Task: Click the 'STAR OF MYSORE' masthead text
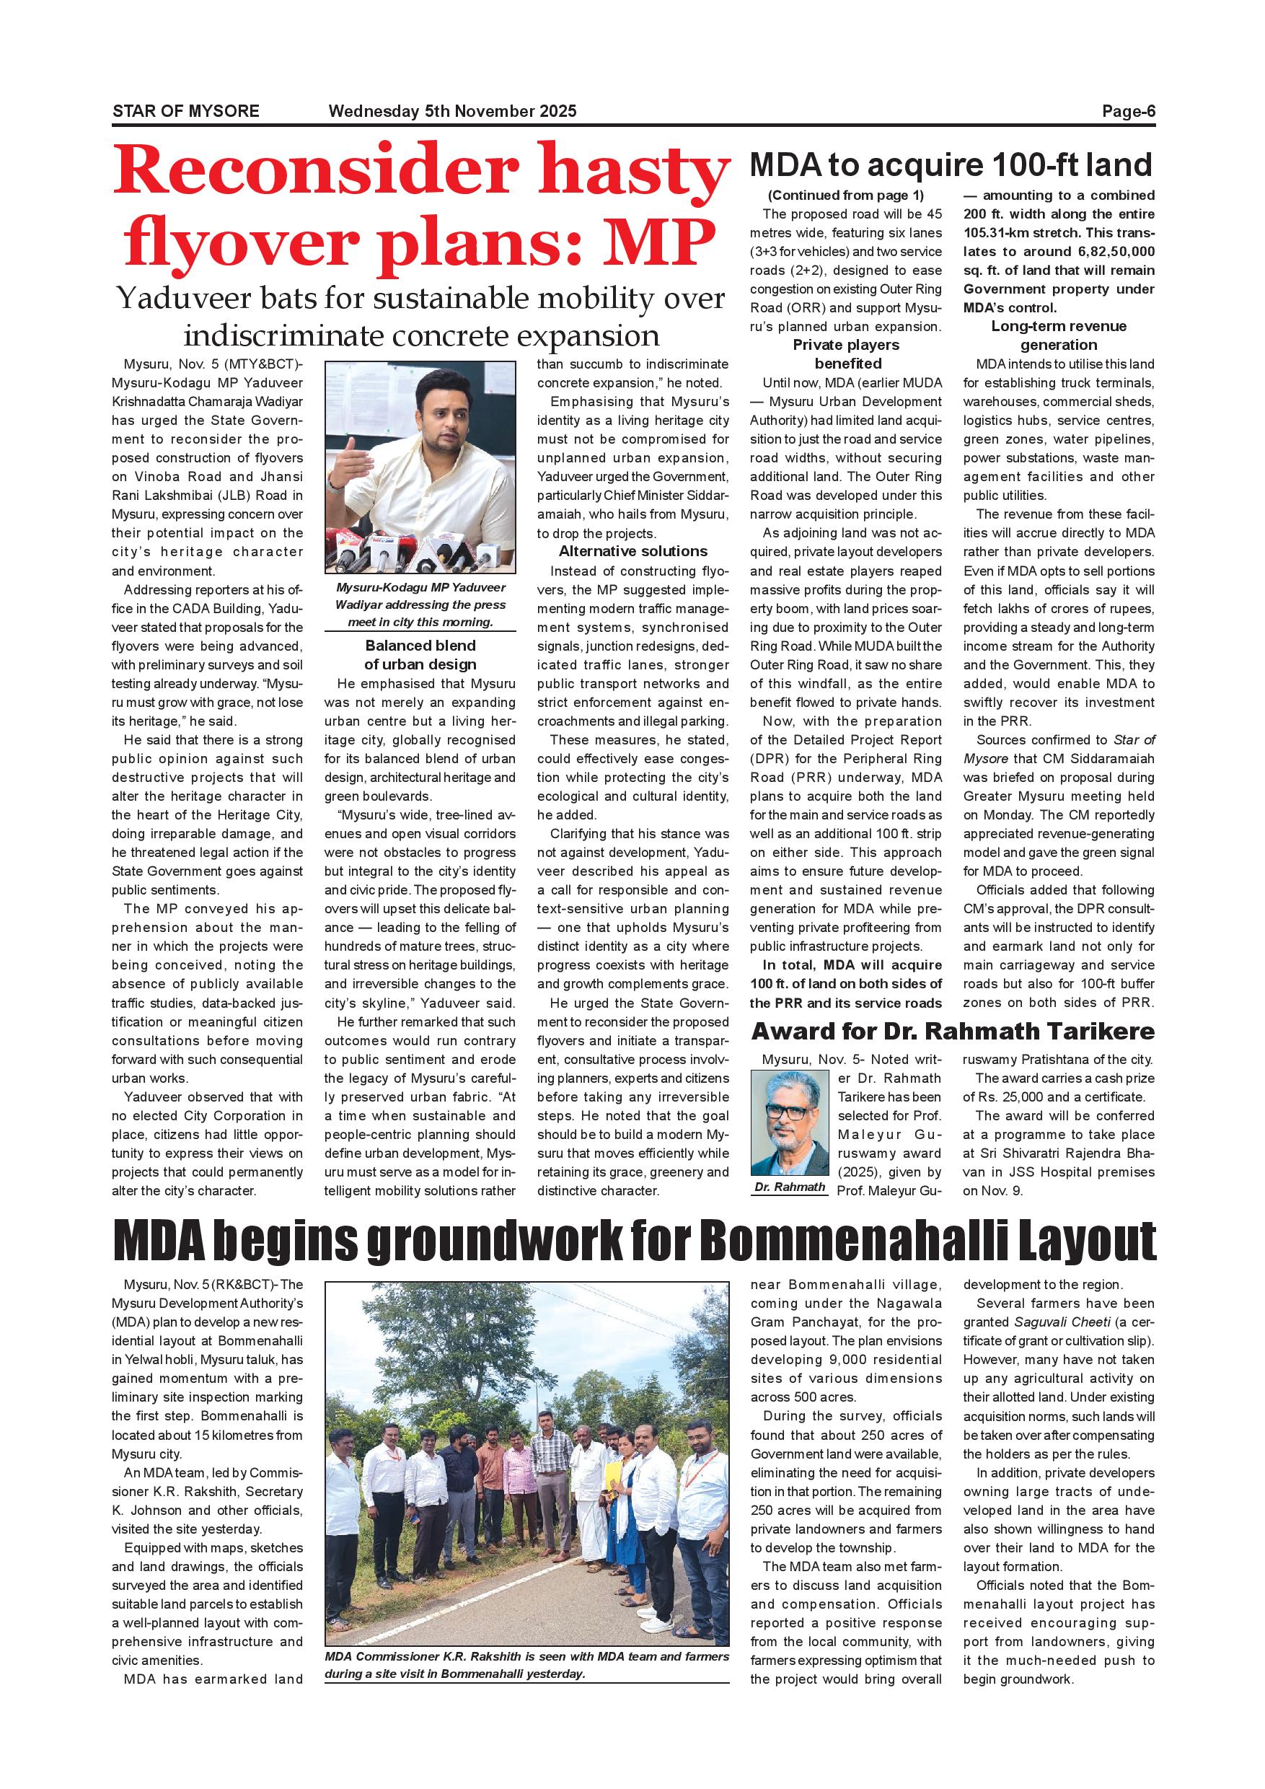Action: pyautogui.click(x=185, y=111)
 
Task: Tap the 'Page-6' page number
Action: pyautogui.click(x=1128, y=111)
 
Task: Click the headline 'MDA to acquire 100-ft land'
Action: pyautogui.click(x=951, y=165)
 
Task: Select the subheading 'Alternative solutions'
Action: pyautogui.click(x=632, y=552)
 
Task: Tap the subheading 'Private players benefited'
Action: pyautogui.click(x=846, y=354)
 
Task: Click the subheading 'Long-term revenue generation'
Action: pyautogui.click(x=1059, y=336)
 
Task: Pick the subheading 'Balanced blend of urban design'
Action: pyautogui.click(x=420, y=655)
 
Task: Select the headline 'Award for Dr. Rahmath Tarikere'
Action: pyautogui.click(x=953, y=1032)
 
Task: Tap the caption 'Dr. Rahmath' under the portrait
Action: pyautogui.click(x=789, y=1187)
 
